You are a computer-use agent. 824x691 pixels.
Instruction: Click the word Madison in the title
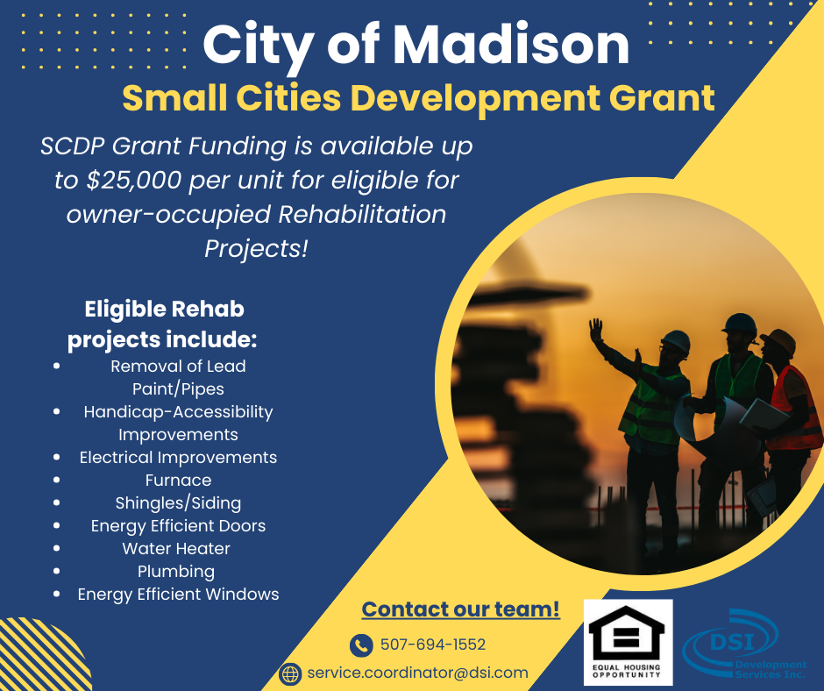pyautogui.click(x=511, y=45)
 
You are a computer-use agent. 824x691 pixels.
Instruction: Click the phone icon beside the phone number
pyautogui.click(x=361, y=645)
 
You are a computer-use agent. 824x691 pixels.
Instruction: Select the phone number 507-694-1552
pyautogui.click(x=433, y=645)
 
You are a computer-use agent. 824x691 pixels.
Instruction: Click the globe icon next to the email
pyautogui.click(x=290, y=673)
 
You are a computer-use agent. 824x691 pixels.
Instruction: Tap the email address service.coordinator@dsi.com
pyautogui.click(x=418, y=673)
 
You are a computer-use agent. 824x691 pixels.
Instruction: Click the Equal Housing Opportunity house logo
pyautogui.click(x=628, y=642)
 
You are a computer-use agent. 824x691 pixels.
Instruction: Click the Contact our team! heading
pyautogui.click(x=461, y=609)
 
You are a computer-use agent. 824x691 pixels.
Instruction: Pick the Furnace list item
pyautogui.click(x=178, y=481)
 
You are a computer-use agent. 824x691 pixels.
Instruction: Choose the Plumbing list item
pyautogui.click(x=176, y=572)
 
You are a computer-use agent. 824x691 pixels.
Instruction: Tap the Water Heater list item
pyautogui.click(x=176, y=548)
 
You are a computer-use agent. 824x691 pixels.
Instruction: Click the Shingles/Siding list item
pyautogui.click(x=178, y=503)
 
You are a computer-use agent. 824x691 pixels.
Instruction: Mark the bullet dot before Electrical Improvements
pyautogui.click(x=57, y=458)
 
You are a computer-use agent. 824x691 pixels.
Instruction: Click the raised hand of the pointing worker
pyautogui.click(x=596, y=331)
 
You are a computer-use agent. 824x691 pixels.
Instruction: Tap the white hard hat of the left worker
pyautogui.click(x=675, y=341)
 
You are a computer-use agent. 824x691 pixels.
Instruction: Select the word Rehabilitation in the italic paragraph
pyautogui.click(x=362, y=215)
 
